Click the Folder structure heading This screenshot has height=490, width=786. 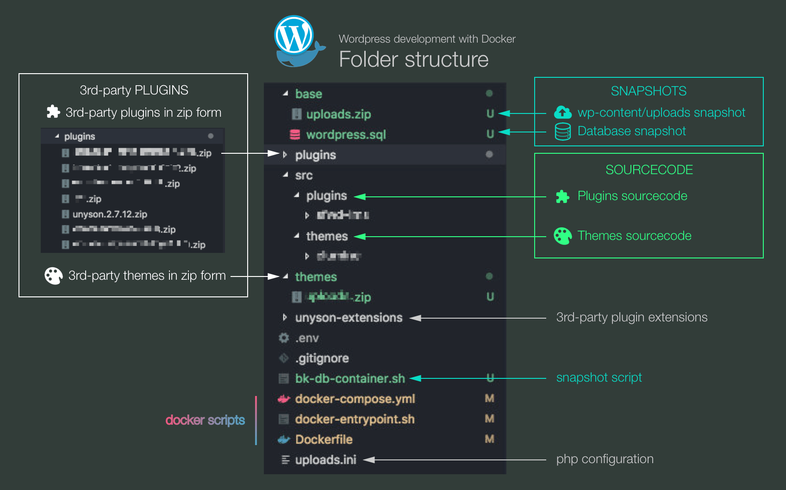[x=413, y=59]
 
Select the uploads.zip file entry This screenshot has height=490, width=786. [x=338, y=114]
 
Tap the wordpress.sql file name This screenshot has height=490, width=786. [x=346, y=135]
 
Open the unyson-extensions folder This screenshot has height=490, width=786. [x=349, y=318]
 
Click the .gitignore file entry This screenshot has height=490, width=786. [x=322, y=358]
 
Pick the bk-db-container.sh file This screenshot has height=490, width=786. [x=350, y=379]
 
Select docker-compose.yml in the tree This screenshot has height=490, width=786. [x=355, y=399]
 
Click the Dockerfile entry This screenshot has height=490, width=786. [x=324, y=440]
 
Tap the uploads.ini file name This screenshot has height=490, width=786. [x=325, y=460]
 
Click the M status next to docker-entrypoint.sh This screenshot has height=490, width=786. [x=489, y=419]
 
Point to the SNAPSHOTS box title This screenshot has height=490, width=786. [x=649, y=91]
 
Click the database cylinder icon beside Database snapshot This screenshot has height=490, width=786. [x=563, y=132]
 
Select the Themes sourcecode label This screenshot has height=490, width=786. [x=634, y=236]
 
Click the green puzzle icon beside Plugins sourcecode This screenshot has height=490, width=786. [x=562, y=196]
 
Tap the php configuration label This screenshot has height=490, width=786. [x=605, y=459]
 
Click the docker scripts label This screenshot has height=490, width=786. [x=205, y=420]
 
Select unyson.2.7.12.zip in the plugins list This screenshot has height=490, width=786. [x=110, y=214]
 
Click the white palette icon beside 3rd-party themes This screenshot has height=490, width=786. [x=53, y=276]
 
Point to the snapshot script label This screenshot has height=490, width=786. [x=599, y=377]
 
